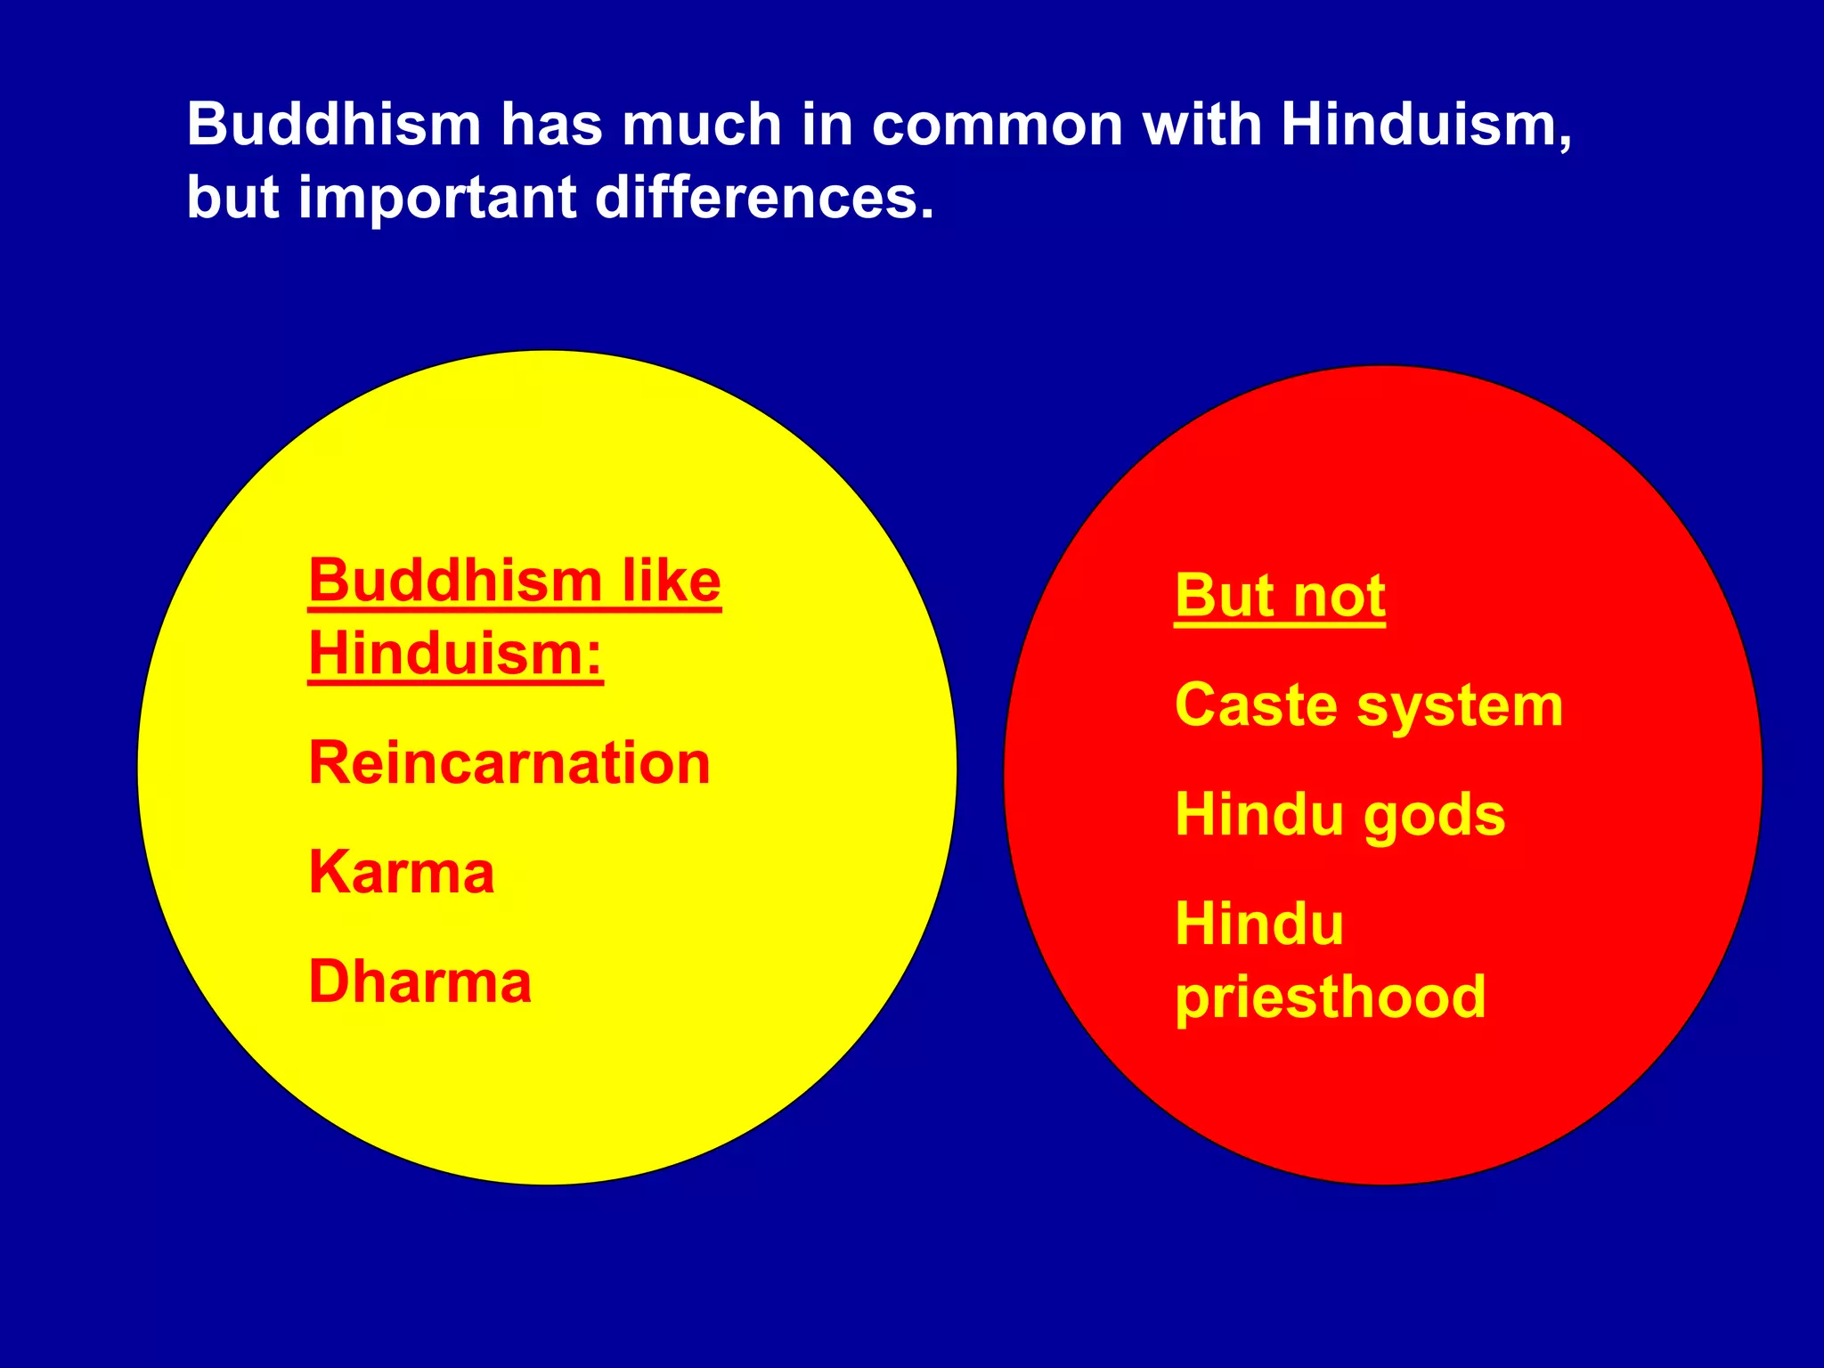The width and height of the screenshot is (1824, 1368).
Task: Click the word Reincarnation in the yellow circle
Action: point(509,764)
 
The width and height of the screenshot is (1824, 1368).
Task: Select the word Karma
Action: point(402,873)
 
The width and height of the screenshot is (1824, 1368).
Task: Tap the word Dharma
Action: point(420,982)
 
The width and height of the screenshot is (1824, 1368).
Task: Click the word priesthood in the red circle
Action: point(1331,997)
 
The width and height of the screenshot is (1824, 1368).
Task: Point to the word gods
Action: point(1434,816)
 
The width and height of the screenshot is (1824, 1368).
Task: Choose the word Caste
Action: point(1257,705)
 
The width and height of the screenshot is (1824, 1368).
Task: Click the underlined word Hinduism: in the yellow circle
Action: point(455,655)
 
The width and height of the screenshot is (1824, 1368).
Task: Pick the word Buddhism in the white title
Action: point(334,124)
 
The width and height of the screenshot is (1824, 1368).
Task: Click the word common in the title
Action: point(997,124)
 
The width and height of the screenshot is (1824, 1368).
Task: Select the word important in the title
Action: point(437,199)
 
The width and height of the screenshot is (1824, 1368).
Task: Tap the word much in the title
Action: point(702,124)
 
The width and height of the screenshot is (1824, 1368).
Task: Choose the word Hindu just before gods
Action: point(1259,814)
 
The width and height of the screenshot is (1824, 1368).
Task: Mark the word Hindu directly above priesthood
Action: point(1259,924)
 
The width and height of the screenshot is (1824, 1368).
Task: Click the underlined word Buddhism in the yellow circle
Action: point(456,582)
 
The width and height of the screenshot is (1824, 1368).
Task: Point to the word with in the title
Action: point(1202,124)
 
